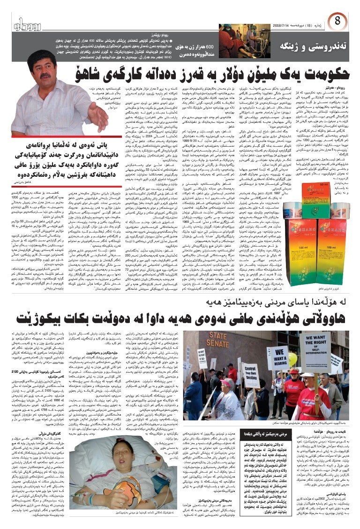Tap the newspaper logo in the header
(x=30, y=23)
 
